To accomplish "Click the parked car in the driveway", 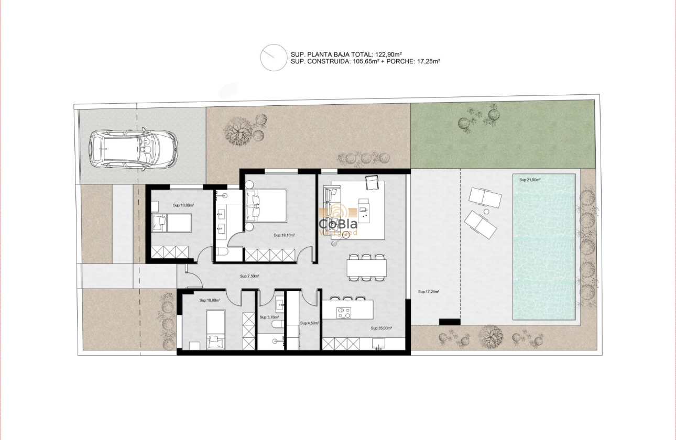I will coord(133,149).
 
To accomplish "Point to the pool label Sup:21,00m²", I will coord(530,180).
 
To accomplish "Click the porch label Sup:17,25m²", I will coord(428,292).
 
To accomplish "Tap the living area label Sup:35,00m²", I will coord(381,328).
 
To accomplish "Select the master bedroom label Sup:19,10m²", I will coord(284,235).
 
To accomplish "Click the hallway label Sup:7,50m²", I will coord(250,276).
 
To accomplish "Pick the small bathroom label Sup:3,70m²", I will coord(269,317).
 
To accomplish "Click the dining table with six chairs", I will coord(366,268).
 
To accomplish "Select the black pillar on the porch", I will coord(449,322).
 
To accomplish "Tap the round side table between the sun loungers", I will coord(486,211).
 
